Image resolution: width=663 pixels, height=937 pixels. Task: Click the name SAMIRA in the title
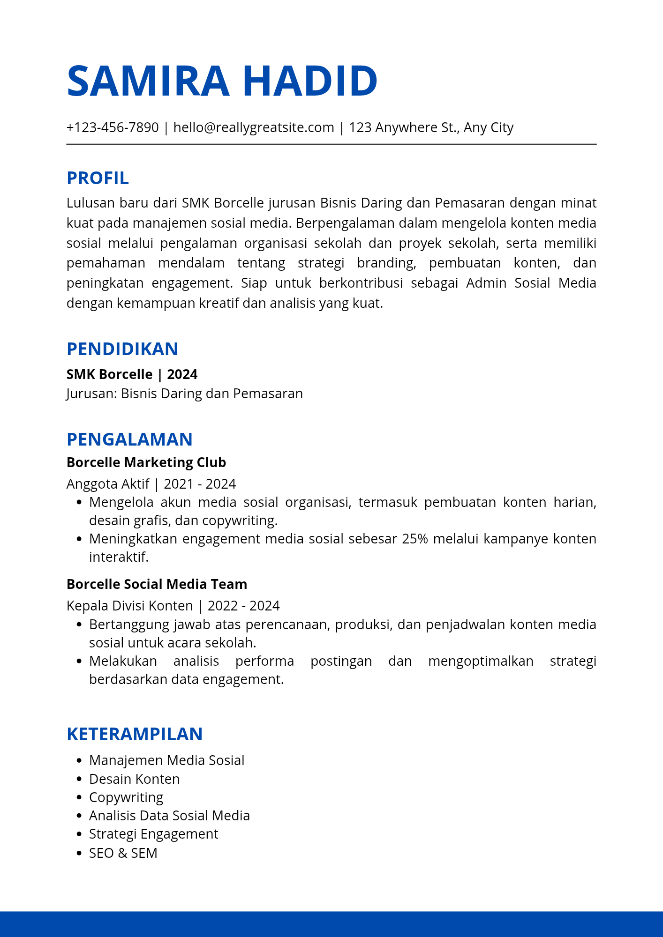(x=148, y=81)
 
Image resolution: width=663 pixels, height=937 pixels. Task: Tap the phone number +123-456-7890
(x=113, y=127)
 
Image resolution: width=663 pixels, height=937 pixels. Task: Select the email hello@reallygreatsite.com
(x=254, y=127)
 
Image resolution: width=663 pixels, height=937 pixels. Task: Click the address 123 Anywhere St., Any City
(x=431, y=127)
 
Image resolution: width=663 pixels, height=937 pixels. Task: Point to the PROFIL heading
(x=98, y=178)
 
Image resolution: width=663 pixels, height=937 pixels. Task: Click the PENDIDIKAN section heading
(x=122, y=349)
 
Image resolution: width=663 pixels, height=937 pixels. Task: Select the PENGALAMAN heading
(x=129, y=439)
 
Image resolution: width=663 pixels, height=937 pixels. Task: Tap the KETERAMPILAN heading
(x=135, y=734)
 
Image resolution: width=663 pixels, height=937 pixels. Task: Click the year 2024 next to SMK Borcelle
(x=182, y=374)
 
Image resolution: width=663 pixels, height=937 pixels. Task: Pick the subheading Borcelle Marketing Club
(x=146, y=462)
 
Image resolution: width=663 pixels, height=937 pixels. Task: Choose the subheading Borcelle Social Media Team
(x=157, y=584)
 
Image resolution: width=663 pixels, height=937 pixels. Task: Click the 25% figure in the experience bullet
(x=415, y=539)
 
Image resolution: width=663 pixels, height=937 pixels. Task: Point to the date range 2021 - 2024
(x=200, y=484)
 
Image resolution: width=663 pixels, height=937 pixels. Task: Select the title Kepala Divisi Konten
(x=129, y=606)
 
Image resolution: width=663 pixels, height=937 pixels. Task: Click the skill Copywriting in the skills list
(x=126, y=797)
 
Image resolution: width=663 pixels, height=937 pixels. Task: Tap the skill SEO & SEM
(x=123, y=853)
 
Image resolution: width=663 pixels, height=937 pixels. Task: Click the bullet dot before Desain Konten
(x=79, y=779)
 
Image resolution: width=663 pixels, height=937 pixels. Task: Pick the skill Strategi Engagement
(x=153, y=834)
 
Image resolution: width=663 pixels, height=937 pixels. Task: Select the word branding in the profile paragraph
(x=386, y=263)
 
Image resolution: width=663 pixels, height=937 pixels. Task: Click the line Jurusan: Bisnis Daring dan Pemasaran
(x=185, y=394)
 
